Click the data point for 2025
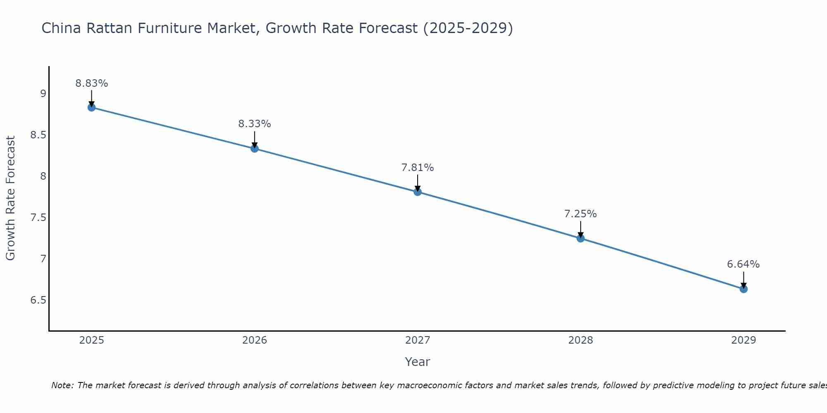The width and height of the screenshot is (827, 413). pos(91,107)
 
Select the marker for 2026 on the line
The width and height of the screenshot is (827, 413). pos(255,148)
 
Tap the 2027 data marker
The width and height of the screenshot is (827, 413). pos(418,192)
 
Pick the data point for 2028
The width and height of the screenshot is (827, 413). pos(581,238)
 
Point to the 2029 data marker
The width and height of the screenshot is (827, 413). pos(743,289)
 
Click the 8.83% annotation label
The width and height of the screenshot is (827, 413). pos(91,83)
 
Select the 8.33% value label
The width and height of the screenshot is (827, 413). pos(255,124)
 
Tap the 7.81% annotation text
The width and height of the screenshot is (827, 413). pos(418,168)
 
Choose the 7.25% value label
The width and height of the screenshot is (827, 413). pos(581,214)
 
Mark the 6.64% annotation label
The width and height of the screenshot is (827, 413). pos(743,264)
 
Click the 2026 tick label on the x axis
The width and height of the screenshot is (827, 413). pos(255,340)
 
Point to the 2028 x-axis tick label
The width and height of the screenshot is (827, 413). pos(581,340)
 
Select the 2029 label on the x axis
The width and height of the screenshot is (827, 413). pos(743,340)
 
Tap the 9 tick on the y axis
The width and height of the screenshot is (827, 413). pos(43,94)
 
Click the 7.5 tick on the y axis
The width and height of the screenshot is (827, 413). pos(38,218)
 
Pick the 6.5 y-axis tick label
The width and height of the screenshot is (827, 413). pos(38,300)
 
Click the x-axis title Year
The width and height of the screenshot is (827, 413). pos(418,362)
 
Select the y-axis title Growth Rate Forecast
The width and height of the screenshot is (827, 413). pos(10,198)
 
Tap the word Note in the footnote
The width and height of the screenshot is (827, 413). pos(62,385)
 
